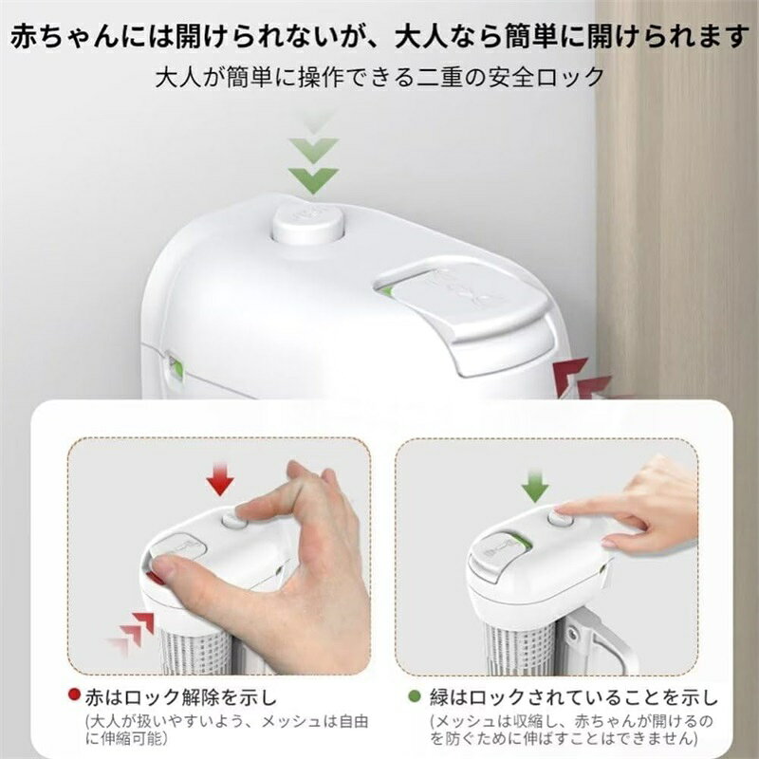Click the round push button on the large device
[x=306, y=224]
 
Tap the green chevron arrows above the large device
[x=314, y=155]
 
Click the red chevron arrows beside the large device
[x=581, y=379]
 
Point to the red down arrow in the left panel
[x=220, y=478]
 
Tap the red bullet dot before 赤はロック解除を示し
[x=74, y=694]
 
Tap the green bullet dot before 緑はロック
[x=415, y=696]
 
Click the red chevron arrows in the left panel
[x=132, y=632]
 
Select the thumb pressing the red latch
[x=170, y=566]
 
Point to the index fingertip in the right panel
[x=562, y=510]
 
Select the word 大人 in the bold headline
[x=422, y=37]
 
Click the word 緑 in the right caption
[x=439, y=697]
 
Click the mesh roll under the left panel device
[x=194, y=651]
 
